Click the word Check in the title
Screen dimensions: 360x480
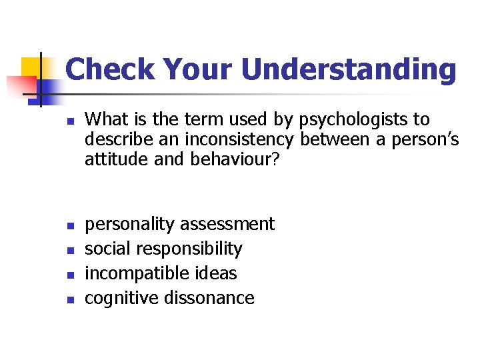coord(110,70)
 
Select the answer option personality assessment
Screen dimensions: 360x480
coord(179,225)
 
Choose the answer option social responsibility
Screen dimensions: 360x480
coord(163,249)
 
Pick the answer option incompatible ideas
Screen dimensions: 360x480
coord(161,273)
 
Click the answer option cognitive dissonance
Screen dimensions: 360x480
coord(169,298)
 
